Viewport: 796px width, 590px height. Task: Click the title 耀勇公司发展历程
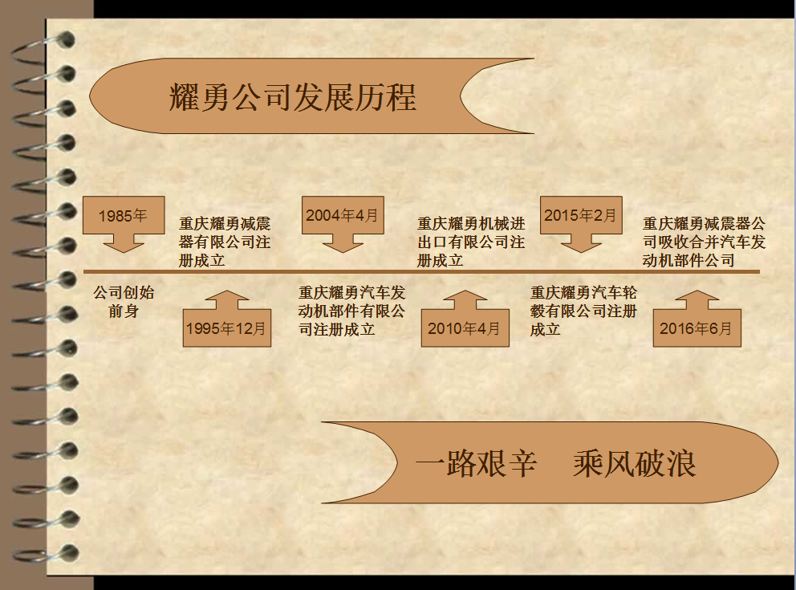pos(293,97)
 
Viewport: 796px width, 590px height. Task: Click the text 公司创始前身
pos(124,301)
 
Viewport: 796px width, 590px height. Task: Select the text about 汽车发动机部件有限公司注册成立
pos(352,311)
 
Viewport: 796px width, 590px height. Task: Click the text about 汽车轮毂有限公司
pos(583,311)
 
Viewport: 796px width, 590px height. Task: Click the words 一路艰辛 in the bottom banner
pos(476,463)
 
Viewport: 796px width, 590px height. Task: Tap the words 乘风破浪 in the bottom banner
pos(634,463)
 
